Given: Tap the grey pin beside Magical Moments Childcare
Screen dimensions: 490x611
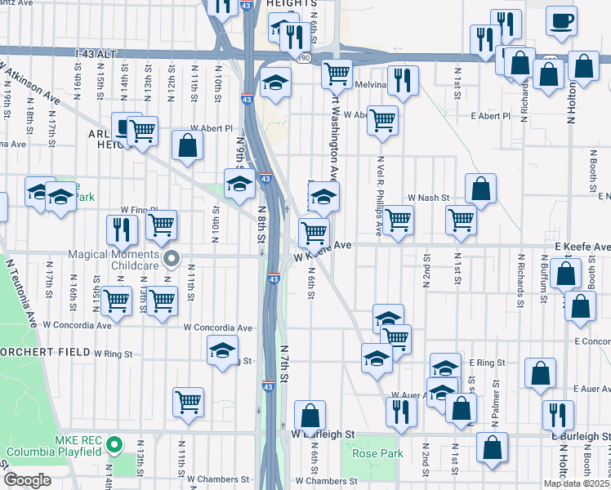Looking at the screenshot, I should [x=172, y=259].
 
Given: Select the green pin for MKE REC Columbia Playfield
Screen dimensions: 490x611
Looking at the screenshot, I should [x=115, y=446].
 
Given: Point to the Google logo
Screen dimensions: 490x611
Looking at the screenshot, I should [x=27, y=480].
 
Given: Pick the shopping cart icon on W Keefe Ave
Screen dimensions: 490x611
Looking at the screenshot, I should [x=314, y=233].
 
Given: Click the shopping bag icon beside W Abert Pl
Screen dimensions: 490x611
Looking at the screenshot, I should [x=188, y=146].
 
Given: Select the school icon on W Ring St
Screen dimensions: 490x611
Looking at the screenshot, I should [x=222, y=350].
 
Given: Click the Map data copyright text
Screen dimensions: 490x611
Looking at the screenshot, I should [x=577, y=483].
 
